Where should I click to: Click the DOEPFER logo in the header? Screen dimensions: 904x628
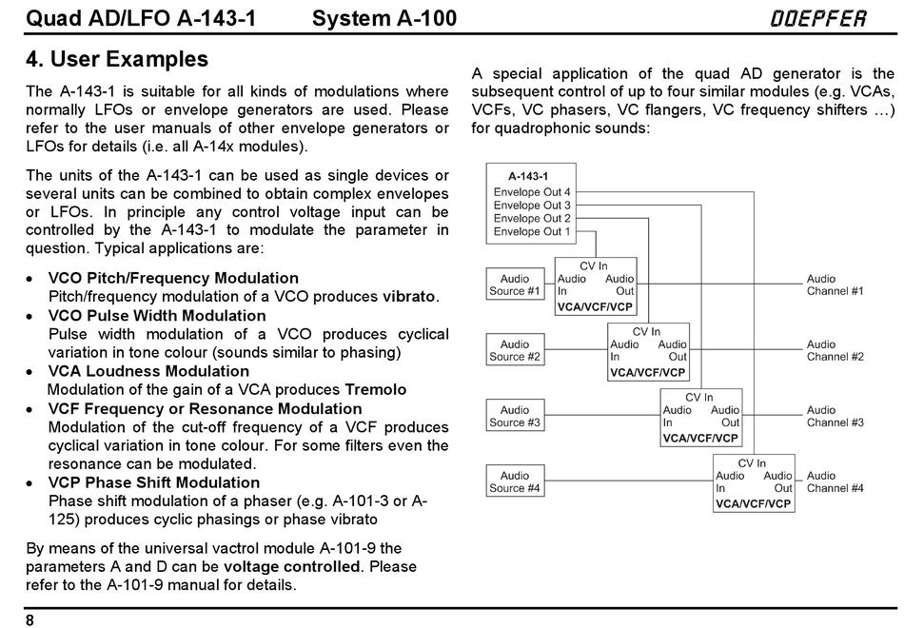click(x=818, y=18)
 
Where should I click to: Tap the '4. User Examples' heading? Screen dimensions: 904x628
click(x=117, y=59)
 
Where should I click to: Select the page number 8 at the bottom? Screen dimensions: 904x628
click(x=30, y=620)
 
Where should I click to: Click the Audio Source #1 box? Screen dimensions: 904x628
click(x=515, y=285)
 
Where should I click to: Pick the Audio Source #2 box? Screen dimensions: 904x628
click(x=515, y=350)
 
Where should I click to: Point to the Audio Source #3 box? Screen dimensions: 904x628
click(x=515, y=416)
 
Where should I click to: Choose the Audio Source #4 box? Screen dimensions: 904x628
click(x=515, y=481)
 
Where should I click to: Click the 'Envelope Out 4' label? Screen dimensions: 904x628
click(x=532, y=192)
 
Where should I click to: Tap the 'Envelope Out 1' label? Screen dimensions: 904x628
click(x=532, y=232)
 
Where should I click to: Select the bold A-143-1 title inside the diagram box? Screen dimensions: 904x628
click(x=528, y=176)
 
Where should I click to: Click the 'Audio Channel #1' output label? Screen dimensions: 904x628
click(x=835, y=285)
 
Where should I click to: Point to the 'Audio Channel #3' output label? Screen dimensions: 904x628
click(x=835, y=417)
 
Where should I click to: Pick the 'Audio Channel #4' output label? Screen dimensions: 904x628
click(x=835, y=482)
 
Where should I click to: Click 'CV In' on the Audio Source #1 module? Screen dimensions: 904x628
click(x=593, y=265)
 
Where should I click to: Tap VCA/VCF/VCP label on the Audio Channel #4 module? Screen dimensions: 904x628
click(x=753, y=504)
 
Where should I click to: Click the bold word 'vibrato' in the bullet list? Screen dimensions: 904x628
click(x=409, y=297)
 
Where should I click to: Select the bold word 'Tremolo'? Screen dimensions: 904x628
click(x=375, y=390)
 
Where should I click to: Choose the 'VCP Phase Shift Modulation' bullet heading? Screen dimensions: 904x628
click(x=154, y=482)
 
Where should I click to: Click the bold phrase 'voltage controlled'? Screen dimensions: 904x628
click(x=292, y=567)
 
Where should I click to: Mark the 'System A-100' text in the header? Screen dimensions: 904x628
click(x=384, y=18)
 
